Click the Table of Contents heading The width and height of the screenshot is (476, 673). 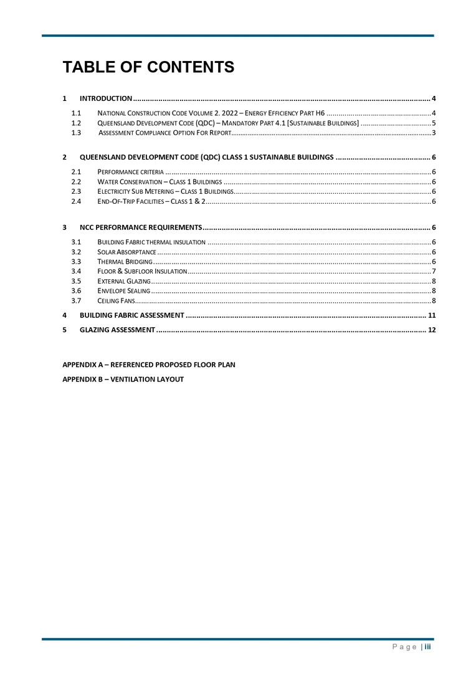coord(148,67)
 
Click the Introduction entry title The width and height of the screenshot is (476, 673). coord(105,98)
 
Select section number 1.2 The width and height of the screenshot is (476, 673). coord(77,123)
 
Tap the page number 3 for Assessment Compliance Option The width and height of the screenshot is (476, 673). coord(433,133)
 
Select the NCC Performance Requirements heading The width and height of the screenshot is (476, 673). coord(140,227)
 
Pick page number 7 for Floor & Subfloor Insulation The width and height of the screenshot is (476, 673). coord(433,272)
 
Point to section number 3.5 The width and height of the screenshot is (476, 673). coord(77,282)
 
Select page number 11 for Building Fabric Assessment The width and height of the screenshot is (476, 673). coord(431,315)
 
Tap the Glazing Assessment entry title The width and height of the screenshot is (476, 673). coord(117,330)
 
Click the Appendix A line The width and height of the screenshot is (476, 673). coord(149,365)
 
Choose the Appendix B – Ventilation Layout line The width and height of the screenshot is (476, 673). coord(123,379)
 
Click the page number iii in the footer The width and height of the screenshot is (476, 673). coord(428,647)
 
